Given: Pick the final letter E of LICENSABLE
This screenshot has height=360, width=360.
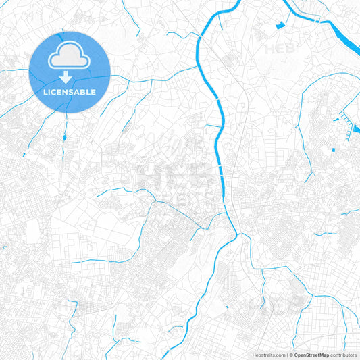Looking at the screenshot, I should (x=93, y=91).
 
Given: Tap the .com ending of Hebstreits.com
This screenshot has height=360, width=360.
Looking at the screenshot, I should (x=279, y=355).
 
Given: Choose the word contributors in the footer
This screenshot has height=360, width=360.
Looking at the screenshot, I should (x=343, y=355).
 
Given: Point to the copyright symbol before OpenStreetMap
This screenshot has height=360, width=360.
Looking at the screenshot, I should (x=290, y=355).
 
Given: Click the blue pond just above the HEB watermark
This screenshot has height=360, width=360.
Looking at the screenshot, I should (x=279, y=27).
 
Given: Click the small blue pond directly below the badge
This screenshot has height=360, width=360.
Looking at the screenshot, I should (x=64, y=137).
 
